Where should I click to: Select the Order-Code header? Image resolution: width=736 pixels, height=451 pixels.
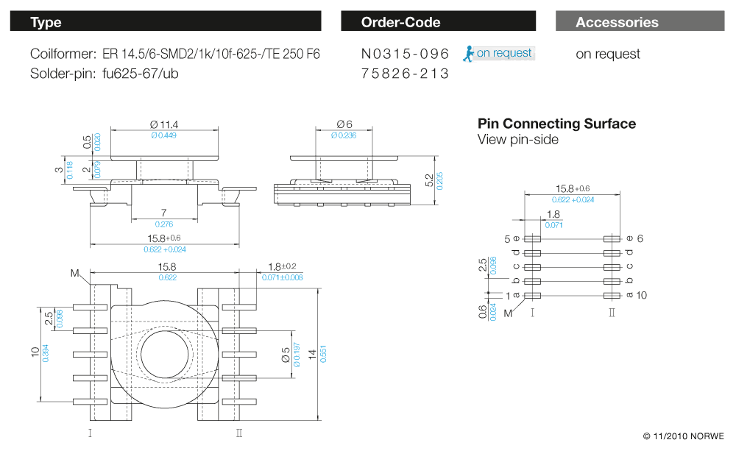[x=438, y=22]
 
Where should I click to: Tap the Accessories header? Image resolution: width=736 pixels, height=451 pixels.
[x=640, y=22]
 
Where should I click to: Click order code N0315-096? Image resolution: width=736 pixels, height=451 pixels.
[x=405, y=54]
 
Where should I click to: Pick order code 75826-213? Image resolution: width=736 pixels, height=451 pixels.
[x=405, y=74]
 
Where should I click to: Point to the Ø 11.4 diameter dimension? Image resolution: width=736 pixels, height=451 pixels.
[x=163, y=124]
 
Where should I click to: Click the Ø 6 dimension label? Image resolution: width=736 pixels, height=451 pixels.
[x=344, y=124]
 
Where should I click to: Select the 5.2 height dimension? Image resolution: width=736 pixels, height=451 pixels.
[x=430, y=180]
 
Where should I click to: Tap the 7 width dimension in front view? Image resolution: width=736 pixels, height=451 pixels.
[x=163, y=213]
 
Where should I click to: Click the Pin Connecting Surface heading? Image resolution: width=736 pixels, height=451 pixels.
[x=556, y=124]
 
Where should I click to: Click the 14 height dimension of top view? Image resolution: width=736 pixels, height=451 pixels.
[x=313, y=354]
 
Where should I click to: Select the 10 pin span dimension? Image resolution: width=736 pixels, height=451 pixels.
[x=35, y=352]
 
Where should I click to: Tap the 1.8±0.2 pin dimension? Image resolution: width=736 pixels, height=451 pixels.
[x=283, y=266]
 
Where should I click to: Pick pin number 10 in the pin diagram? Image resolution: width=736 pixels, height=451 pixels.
[x=640, y=295]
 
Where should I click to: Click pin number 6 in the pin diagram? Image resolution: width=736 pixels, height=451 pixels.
[x=640, y=238]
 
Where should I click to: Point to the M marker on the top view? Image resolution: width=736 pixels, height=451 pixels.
[x=74, y=273]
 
